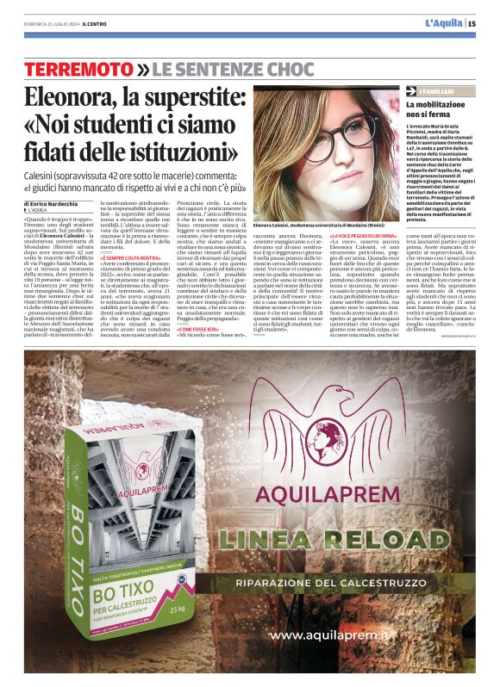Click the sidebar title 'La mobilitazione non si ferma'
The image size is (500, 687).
(x=439, y=108)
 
